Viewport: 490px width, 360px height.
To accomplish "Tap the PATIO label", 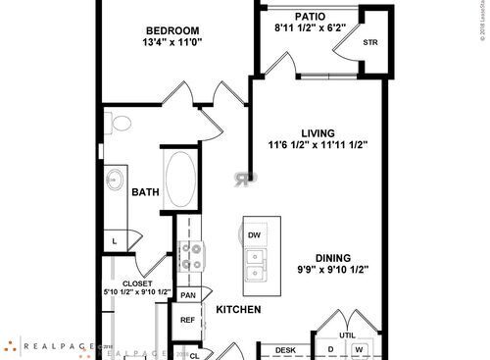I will (x=312, y=17).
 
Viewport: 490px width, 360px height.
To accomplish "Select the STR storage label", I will (x=370, y=43).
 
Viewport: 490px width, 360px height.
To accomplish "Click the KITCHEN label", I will (x=238, y=310).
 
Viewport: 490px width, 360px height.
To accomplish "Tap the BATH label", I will (x=146, y=192).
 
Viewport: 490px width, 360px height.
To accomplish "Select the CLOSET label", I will (x=138, y=281).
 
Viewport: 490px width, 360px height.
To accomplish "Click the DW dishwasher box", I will (x=254, y=235).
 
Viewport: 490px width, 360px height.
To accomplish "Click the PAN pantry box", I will (x=188, y=294).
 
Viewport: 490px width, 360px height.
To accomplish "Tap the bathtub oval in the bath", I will (x=181, y=178).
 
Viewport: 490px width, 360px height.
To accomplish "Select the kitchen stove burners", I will (x=190, y=257).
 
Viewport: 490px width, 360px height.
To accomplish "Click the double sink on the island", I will (x=254, y=265).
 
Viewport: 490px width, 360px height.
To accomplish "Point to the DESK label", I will (x=285, y=349).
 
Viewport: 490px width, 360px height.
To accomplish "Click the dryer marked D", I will (x=331, y=349).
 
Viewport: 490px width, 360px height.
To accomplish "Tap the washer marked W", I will (x=359, y=349).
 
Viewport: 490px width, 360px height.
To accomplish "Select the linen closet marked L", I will (x=115, y=240).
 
